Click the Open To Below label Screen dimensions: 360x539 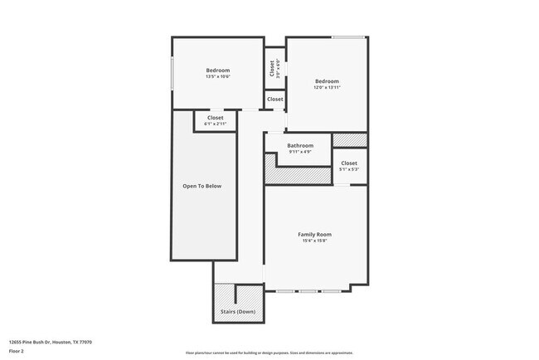(202, 186)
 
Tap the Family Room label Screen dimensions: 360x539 (315, 235)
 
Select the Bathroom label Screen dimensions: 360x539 (300, 145)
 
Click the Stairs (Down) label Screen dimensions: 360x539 (238, 312)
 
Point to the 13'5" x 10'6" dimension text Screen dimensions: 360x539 (218, 77)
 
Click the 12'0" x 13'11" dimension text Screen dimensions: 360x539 (327, 87)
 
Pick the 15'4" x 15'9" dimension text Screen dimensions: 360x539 (315, 242)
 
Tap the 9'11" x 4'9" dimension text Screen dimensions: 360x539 (300, 152)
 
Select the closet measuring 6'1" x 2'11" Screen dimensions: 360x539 (216, 121)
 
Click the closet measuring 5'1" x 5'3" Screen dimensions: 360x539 (349, 166)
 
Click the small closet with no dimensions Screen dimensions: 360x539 (274, 100)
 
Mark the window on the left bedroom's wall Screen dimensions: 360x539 (172, 75)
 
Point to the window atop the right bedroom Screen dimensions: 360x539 (348, 36)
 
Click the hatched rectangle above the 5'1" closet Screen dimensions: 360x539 (349, 140)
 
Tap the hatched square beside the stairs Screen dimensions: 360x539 (224, 294)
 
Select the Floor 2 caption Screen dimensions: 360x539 (17, 351)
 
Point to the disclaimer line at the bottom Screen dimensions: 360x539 (269, 352)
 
